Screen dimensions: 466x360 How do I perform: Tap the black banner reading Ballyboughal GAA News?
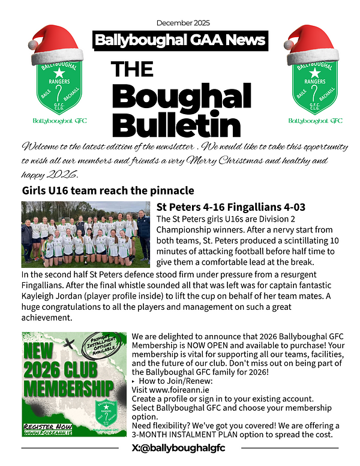180,41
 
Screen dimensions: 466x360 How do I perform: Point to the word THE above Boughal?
132,70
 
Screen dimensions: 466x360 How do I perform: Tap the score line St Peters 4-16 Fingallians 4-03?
231,207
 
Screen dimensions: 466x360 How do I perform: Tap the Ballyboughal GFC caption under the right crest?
315,121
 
